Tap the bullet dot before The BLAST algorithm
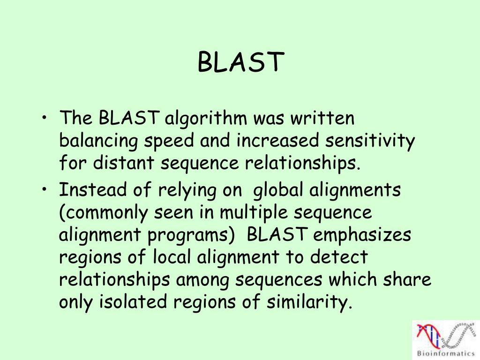pos(44,118)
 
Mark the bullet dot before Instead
pos(44,189)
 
